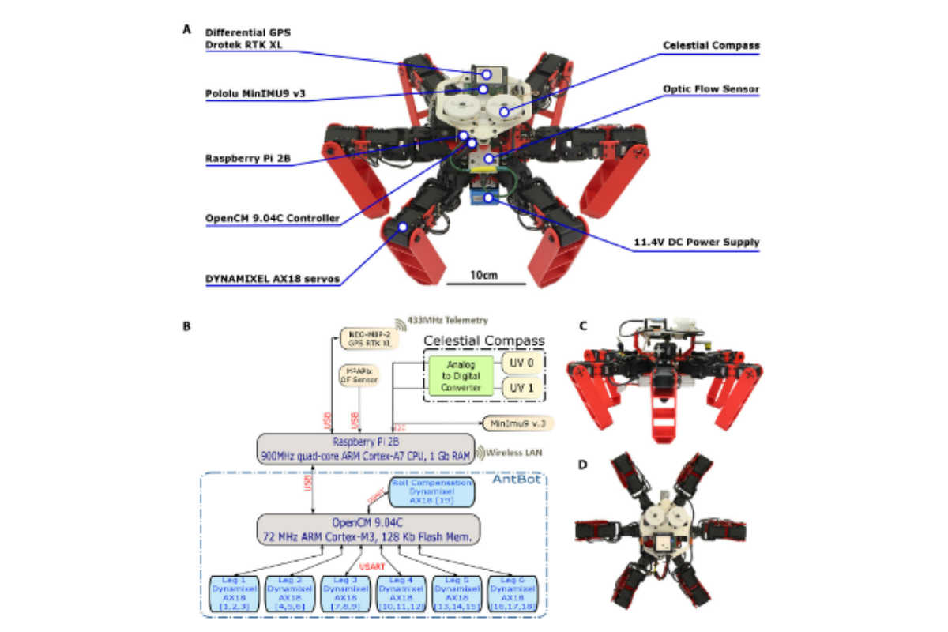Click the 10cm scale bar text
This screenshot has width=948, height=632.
click(485, 275)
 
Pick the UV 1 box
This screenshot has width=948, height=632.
click(522, 389)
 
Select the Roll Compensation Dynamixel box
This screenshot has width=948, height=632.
click(431, 491)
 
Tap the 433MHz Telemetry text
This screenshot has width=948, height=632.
click(446, 320)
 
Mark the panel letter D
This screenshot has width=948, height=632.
click(581, 465)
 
